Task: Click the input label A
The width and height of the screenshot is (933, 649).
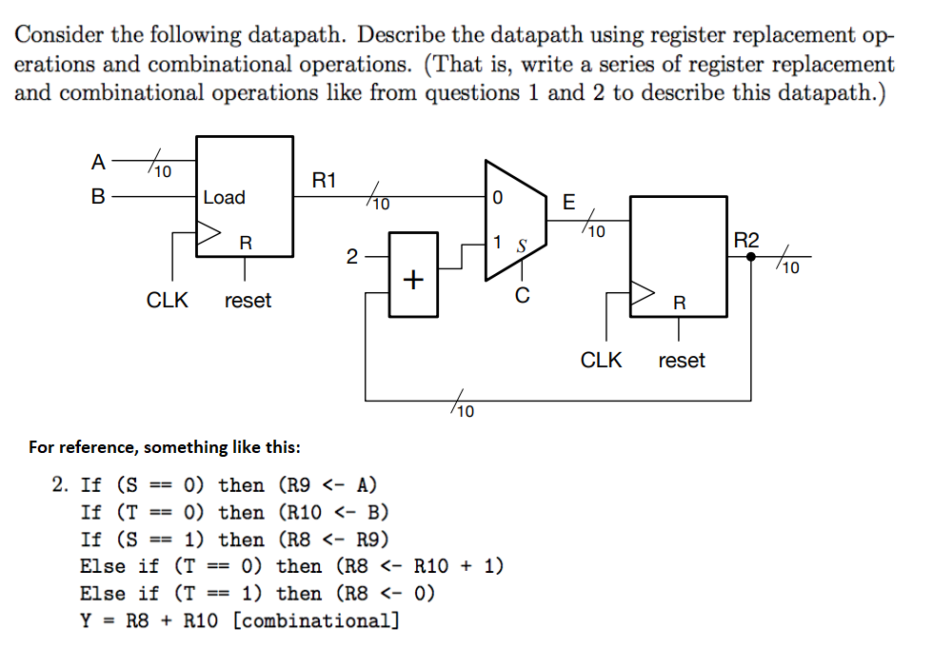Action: click(x=98, y=162)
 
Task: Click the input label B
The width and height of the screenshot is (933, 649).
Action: click(x=98, y=198)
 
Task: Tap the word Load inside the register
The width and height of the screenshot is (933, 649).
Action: click(x=225, y=198)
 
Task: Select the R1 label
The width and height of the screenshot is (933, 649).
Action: click(x=325, y=179)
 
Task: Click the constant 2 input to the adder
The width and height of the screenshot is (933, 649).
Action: click(x=351, y=256)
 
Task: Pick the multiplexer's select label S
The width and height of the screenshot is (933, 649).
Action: click(x=521, y=246)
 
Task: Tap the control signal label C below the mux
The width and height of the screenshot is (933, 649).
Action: click(x=522, y=297)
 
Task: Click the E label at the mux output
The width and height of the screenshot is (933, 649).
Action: click(x=569, y=202)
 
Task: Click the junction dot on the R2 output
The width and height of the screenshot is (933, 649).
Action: click(x=751, y=256)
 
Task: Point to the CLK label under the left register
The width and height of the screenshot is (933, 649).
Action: click(x=168, y=301)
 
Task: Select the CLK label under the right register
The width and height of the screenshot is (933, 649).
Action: click(x=602, y=361)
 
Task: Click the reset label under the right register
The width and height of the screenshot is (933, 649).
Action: click(x=682, y=361)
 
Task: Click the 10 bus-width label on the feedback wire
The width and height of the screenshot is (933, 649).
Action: click(x=464, y=412)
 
